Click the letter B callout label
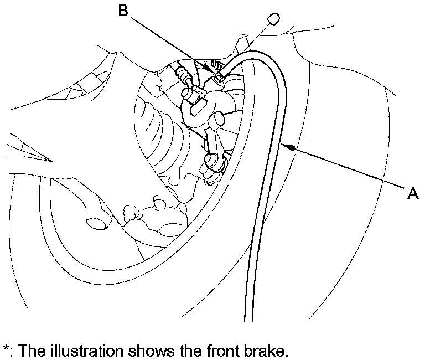point(123,11)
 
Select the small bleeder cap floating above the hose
point(272,20)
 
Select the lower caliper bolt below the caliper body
point(210,161)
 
